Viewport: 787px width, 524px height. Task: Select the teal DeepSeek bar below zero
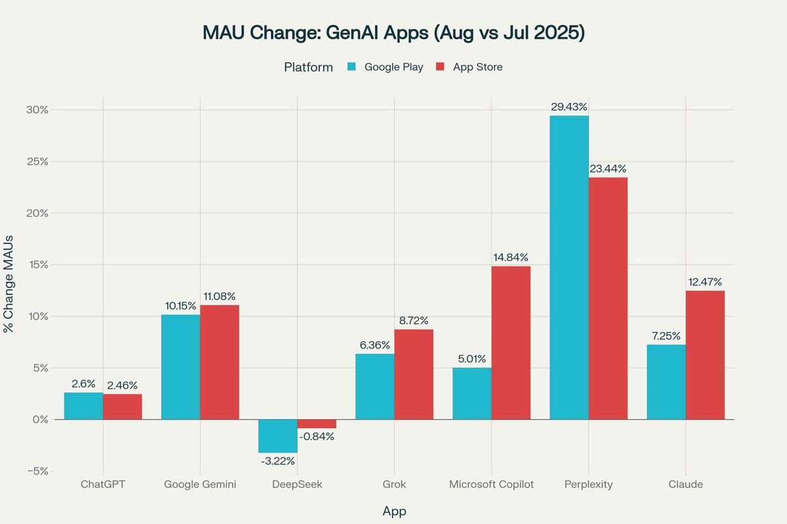[x=277, y=436]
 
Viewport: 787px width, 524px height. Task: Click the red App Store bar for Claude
[x=705, y=355]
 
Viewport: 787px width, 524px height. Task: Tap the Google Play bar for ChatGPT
[x=83, y=406]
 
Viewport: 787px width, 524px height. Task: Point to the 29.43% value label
[x=569, y=106]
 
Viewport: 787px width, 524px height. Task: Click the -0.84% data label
[x=316, y=437]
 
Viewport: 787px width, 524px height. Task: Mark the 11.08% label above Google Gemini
[x=219, y=296]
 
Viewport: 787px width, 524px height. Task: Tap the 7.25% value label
[x=666, y=335]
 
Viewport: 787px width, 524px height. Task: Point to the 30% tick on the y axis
[x=36, y=109]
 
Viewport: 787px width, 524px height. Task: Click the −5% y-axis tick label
[x=36, y=471]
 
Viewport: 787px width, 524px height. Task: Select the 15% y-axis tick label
[x=36, y=265]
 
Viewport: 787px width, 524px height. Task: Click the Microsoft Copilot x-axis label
[x=491, y=485]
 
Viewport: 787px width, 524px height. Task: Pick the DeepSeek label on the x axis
[x=296, y=485]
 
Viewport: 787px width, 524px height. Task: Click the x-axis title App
[x=393, y=511]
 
